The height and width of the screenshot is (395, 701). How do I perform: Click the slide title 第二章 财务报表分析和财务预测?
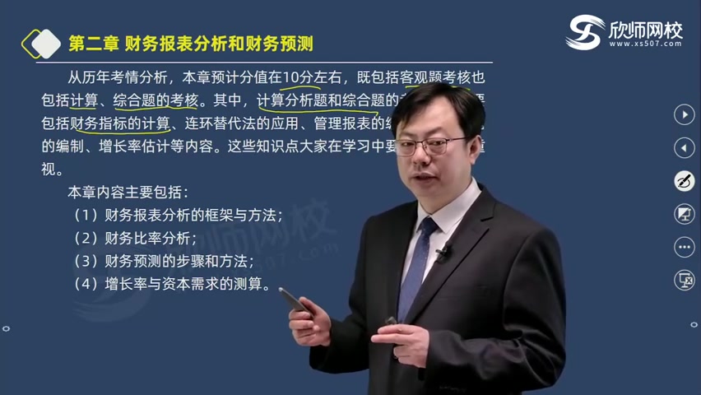point(191,43)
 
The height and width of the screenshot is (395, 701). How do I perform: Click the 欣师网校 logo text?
point(646,30)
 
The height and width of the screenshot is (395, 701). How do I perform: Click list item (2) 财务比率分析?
point(135,239)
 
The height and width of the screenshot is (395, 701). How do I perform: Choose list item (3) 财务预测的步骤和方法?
point(163,262)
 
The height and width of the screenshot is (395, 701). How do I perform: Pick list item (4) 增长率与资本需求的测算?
point(171,285)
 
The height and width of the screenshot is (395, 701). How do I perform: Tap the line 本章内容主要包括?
point(128,193)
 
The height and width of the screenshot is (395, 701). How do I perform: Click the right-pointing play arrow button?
point(684,114)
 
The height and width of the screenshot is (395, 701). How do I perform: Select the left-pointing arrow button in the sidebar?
point(684,147)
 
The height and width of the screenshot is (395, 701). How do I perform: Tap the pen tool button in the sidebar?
point(684,181)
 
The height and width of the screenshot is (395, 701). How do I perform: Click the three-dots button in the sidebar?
point(684,247)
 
